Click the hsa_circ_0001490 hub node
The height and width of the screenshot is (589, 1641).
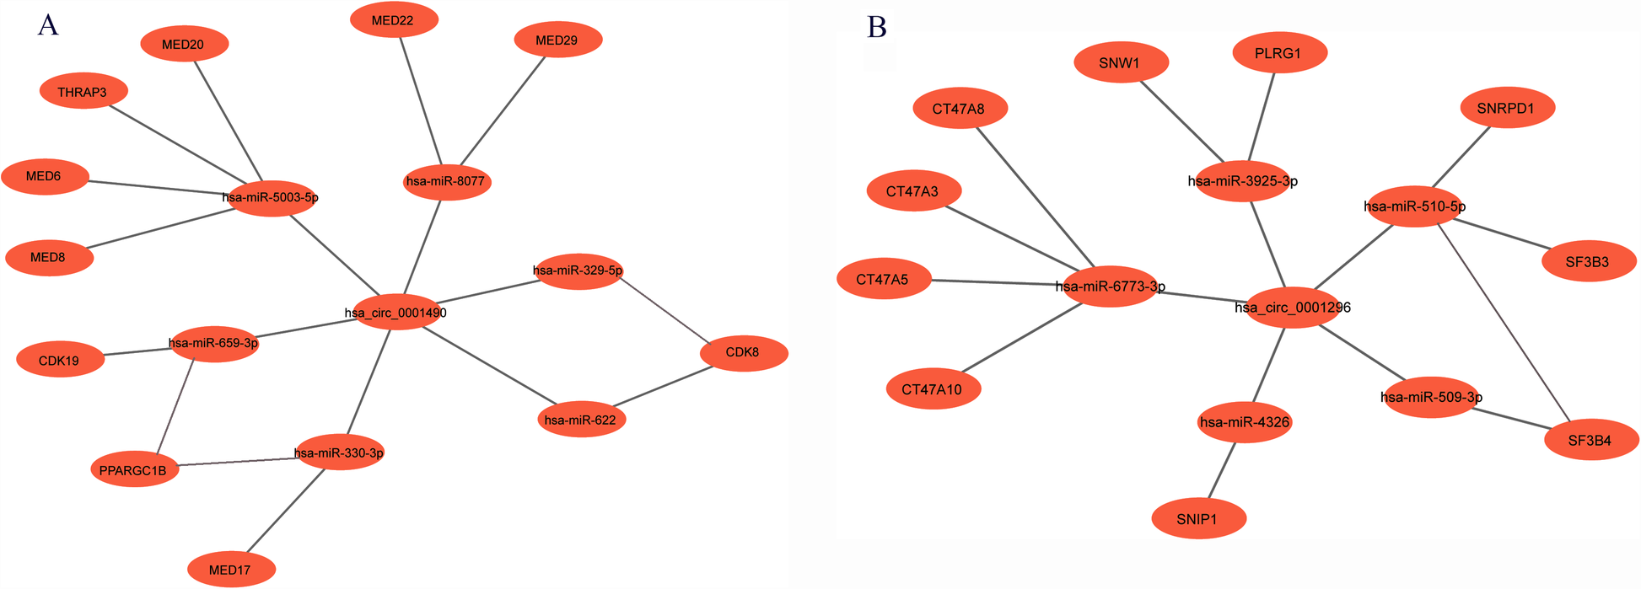pyautogui.click(x=395, y=312)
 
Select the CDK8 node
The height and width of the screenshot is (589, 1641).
pyautogui.click(x=744, y=352)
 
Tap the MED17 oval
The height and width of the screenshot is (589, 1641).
pyautogui.click(x=230, y=570)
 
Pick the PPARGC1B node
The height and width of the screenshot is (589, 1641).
pyautogui.click(x=134, y=470)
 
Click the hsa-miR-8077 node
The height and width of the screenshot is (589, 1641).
pyautogui.click(x=447, y=181)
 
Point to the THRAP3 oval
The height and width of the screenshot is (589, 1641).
pyautogui.click(x=83, y=92)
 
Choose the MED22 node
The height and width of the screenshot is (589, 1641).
pyautogui.click(x=393, y=20)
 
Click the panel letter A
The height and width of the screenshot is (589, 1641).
pyautogui.click(x=48, y=26)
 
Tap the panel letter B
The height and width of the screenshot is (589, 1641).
pyautogui.click(x=877, y=28)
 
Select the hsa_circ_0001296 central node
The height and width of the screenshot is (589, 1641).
pyautogui.click(x=1293, y=308)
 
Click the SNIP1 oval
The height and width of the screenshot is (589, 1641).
pyautogui.click(x=1198, y=519)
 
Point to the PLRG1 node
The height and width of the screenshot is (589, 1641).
pyautogui.click(x=1279, y=53)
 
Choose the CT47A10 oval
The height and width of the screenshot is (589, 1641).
pyautogui.click(x=933, y=389)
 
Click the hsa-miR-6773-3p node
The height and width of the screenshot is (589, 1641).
pyautogui.click(x=1111, y=286)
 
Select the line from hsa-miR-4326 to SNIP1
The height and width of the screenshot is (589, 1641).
pyautogui.click(x=1223, y=470)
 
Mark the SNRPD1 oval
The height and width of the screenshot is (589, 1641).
pyautogui.click(x=1507, y=109)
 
